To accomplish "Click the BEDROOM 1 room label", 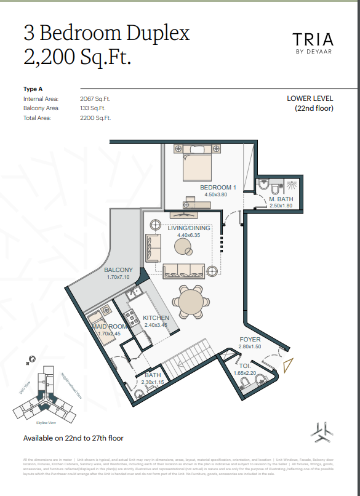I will pos(218,188).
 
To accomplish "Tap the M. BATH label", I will pos(280,199).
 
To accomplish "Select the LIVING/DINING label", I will pos(189,228).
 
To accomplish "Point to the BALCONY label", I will pos(118,270).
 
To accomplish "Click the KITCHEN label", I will pos(156,318).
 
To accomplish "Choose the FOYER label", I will pos(250,340).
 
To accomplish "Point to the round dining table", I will pos(191,302).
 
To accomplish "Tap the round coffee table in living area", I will pos(183,246).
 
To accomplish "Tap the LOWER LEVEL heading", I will pos(310,98).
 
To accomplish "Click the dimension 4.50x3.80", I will pos(215,195).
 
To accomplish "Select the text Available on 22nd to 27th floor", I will pos(73,438).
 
